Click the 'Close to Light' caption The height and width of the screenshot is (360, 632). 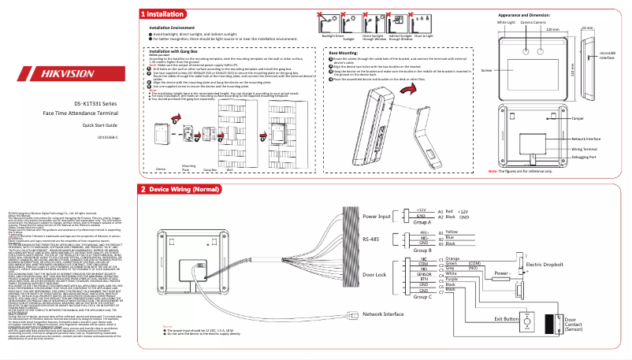[x=423, y=36]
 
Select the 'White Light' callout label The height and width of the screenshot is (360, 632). [x=505, y=23]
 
